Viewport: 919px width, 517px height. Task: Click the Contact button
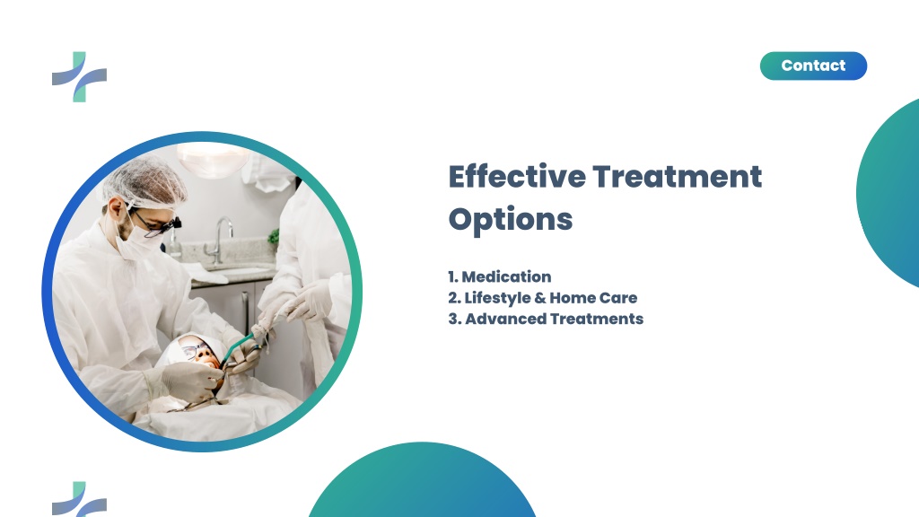click(x=813, y=66)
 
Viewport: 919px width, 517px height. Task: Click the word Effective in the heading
click(x=517, y=176)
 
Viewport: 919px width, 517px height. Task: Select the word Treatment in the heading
click(x=677, y=177)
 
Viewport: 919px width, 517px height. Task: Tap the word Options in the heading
click(x=511, y=220)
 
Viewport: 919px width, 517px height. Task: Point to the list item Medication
click(x=499, y=276)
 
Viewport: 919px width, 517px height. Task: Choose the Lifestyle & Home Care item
click(x=543, y=298)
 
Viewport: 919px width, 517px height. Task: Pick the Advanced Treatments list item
click(x=546, y=319)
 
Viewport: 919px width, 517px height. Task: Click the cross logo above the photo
click(x=79, y=77)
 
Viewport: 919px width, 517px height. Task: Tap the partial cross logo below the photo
click(x=79, y=499)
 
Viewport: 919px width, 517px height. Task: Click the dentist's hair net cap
click(x=144, y=181)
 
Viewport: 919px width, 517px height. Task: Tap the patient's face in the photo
click(x=199, y=354)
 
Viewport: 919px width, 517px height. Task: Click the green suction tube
click(x=236, y=349)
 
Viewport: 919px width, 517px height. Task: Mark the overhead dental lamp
click(x=212, y=160)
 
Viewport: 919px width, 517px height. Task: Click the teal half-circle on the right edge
click(x=888, y=193)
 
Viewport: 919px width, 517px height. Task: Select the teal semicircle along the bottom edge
click(x=422, y=482)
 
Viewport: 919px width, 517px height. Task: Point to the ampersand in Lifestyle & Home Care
click(x=539, y=298)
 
